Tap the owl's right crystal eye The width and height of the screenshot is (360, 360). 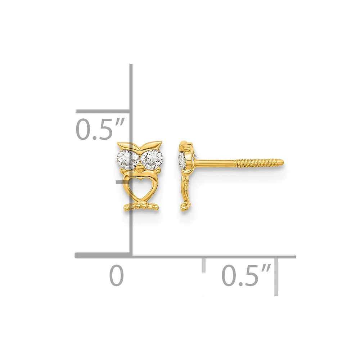point(152,160)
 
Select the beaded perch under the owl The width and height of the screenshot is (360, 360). point(141,206)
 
